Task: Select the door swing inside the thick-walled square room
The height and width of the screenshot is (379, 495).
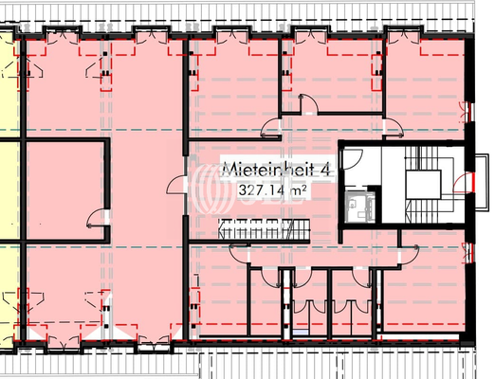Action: point(96,222)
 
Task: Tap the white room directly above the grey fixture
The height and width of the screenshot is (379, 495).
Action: point(357,164)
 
